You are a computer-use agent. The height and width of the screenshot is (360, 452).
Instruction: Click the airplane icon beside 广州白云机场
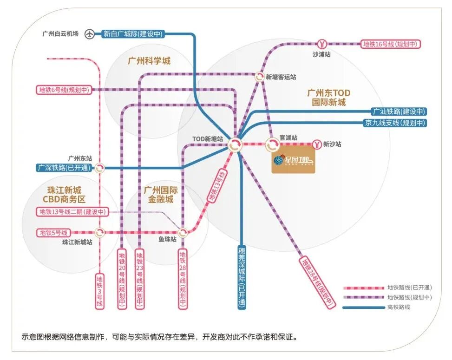pyautogui.click(x=90, y=34)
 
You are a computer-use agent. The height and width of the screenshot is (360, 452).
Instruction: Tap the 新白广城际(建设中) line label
pyautogui.click(x=133, y=34)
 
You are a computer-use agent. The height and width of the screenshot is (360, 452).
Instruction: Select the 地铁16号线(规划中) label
pyautogui.click(x=391, y=44)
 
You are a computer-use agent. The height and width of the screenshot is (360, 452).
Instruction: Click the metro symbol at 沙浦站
pyautogui.click(x=321, y=44)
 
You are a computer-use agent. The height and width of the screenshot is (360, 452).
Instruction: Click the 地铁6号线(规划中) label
pyautogui.click(x=64, y=90)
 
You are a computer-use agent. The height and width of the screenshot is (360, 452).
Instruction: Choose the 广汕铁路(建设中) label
pyautogui.click(x=399, y=111)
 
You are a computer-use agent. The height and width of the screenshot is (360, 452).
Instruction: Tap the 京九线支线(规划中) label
pyautogui.click(x=395, y=123)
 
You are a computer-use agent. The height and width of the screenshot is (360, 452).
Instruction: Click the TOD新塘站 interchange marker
pyautogui.click(x=235, y=144)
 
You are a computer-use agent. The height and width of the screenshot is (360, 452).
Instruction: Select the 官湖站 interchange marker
pyautogui.click(x=272, y=144)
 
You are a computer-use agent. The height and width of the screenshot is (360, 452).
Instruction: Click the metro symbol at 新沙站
pyautogui.click(x=316, y=144)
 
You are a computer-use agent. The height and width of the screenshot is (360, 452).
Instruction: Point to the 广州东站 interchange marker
pyautogui.click(x=100, y=168)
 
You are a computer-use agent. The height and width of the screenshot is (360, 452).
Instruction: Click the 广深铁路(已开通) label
pyautogui.click(x=65, y=168)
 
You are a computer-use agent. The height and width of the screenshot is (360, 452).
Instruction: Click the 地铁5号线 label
pyautogui.click(x=53, y=232)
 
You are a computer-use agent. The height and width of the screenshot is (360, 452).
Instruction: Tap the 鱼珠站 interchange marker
pyautogui.click(x=183, y=232)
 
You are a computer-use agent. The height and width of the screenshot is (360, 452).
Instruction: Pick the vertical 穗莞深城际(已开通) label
pyautogui.click(x=242, y=277)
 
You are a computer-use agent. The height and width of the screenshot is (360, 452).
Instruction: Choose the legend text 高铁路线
pyautogui.click(x=399, y=307)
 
